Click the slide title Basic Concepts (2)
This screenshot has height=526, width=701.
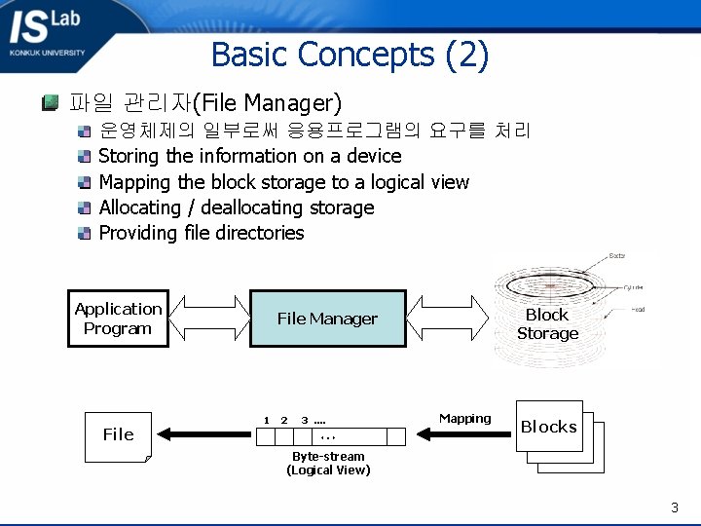tap(350, 55)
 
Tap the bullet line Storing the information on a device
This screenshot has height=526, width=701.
tap(250, 156)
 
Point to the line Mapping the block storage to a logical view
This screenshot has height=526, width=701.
tap(283, 182)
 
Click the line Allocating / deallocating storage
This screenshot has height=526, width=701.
tap(237, 207)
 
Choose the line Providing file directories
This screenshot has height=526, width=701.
tap(202, 233)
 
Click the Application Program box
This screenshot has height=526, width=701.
tap(118, 319)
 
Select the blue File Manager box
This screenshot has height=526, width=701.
tap(327, 319)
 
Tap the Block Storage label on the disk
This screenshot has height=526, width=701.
tap(547, 324)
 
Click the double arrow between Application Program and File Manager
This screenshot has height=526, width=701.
tap(207, 318)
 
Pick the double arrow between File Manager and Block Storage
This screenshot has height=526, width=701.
tap(447, 318)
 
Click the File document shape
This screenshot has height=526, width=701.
tap(118, 434)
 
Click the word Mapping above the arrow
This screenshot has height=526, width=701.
tap(464, 419)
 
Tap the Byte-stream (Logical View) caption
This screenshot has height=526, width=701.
tap(328, 464)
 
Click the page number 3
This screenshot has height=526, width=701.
tap(674, 507)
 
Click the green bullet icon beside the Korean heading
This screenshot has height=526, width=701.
tap(49, 102)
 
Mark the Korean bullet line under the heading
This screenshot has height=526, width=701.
tap(314, 131)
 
